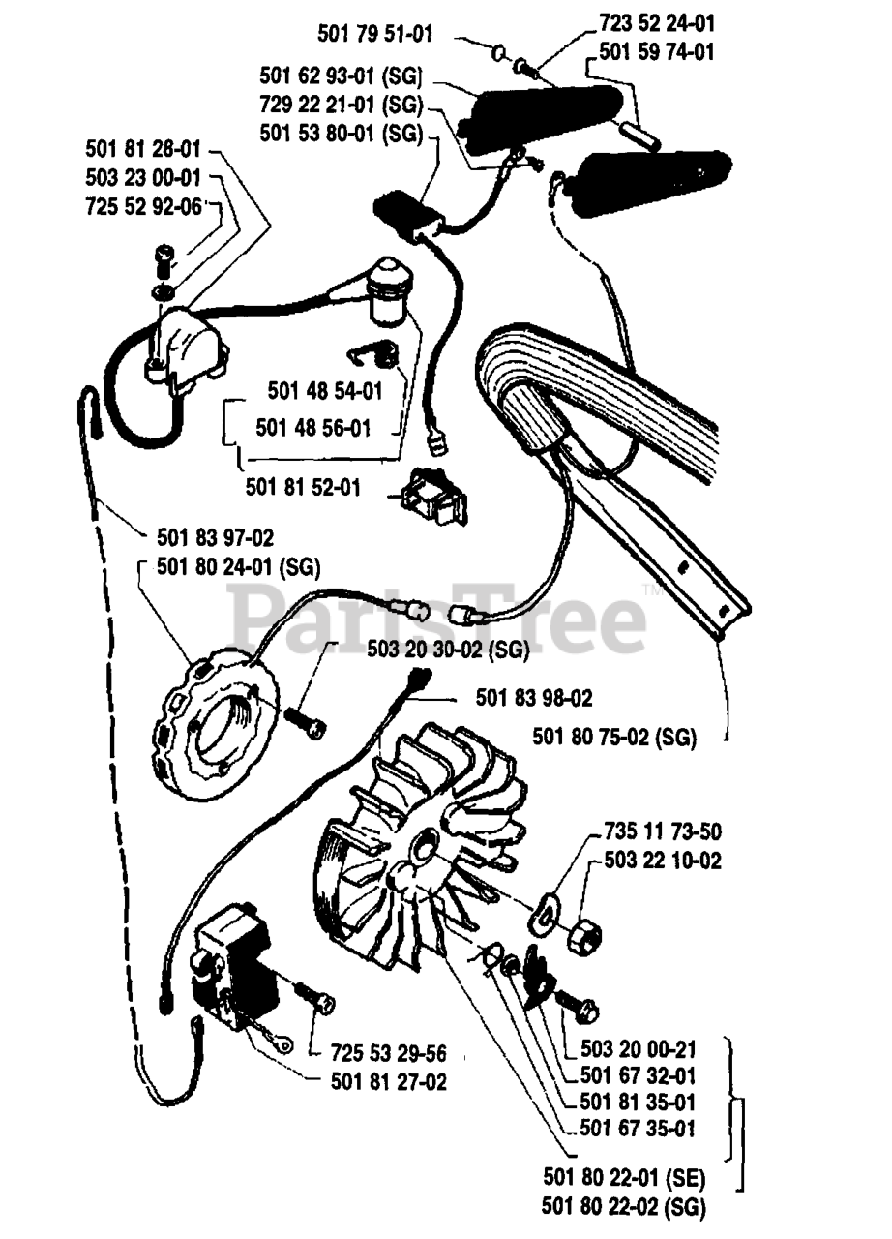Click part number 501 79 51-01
pos(374,34)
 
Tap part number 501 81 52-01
pos(303,487)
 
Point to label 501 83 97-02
pos(214,536)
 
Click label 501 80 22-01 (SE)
pos(624,1178)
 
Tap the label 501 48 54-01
pos(324,391)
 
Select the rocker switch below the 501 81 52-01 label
pos(431,497)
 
